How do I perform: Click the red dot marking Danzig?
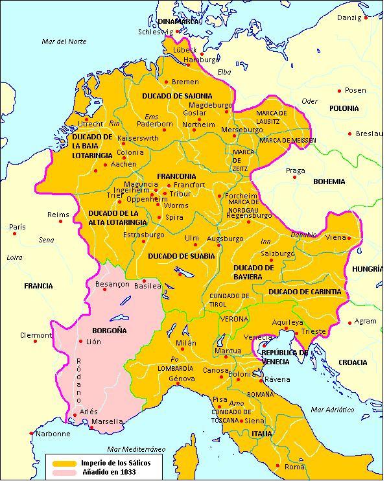tap(366, 18)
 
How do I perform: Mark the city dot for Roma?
tap(278, 466)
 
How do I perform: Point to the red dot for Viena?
tap(349, 238)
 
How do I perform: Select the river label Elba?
tap(224, 71)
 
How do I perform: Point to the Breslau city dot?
tap(351, 134)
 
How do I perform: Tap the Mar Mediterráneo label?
tap(137, 449)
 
